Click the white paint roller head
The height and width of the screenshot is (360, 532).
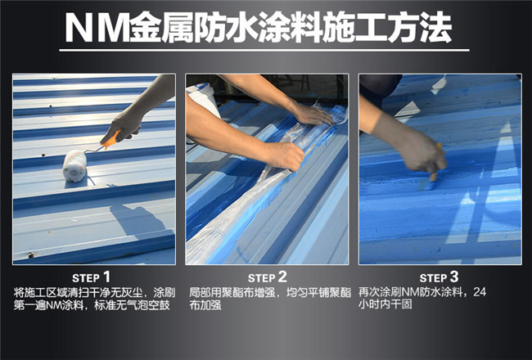click(x=74, y=165)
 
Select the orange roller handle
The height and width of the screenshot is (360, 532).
click(x=111, y=140)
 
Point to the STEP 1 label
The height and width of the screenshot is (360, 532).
click(x=92, y=277)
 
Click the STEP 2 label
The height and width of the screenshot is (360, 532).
click(x=268, y=277)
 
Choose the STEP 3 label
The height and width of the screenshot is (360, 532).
click(x=439, y=277)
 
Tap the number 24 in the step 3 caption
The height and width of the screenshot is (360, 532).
click(x=480, y=292)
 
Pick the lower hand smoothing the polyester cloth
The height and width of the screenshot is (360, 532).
click(x=285, y=156)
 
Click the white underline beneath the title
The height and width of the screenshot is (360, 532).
click(x=264, y=51)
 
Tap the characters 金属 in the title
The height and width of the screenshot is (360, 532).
click(x=162, y=28)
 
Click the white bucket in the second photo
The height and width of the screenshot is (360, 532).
click(x=203, y=100)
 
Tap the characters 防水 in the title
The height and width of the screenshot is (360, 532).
click(x=227, y=28)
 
